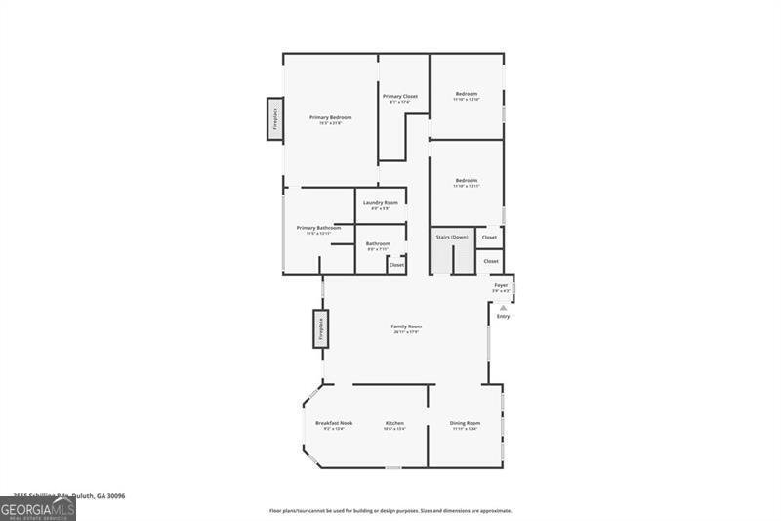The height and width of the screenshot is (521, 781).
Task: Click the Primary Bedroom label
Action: click(x=330, y=117)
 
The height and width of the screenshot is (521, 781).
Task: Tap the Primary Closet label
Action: click(x=400, y=96)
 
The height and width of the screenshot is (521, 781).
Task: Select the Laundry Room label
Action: click(x=381, y=202)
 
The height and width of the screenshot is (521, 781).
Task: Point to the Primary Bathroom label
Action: click(x=318, y=228)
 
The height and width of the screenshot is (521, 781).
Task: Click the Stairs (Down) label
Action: click(x=452, y=237)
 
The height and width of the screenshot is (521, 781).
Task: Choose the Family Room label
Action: click(x=407, y=326)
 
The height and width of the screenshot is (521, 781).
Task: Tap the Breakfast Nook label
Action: click(x=334, y=423)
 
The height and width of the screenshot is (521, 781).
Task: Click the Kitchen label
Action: click(x=394, y=423)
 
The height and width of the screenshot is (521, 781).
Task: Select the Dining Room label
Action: click(x=465, y=423)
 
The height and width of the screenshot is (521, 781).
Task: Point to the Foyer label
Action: click(x=501, y=285)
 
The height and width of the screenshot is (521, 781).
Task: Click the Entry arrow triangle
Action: click(x=504, y=307)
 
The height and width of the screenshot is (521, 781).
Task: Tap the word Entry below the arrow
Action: click(x=504, y=317)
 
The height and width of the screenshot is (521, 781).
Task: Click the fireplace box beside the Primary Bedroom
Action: click(x=275, y=118)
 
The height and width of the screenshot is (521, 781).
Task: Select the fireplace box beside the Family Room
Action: click(x=320, y=328)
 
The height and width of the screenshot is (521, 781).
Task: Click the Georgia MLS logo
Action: click(x=38, y=508)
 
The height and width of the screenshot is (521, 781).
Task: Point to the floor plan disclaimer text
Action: click(x=390, y=510)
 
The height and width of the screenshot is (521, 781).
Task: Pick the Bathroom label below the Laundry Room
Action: click(x=379, y=243)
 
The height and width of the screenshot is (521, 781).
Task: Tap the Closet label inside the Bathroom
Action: click(x=396, y=264)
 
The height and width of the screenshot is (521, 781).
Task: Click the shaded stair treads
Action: click(x=442, y=259)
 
